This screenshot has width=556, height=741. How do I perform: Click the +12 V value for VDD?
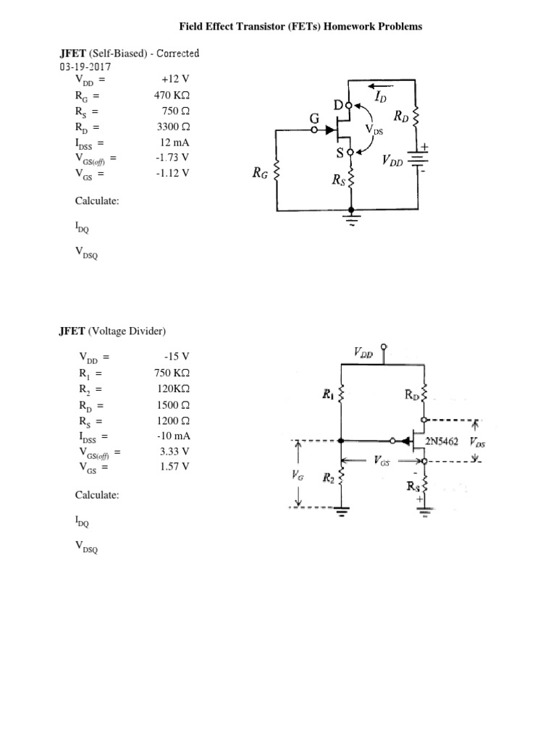[x=175, y=79]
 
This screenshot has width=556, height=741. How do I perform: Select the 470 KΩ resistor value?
[x=172, y=95]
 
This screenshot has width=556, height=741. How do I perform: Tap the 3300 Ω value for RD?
[x=173, y=127]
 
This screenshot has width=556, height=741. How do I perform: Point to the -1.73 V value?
[x=172, y=157]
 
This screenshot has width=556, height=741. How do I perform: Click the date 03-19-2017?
[x=85, y=67]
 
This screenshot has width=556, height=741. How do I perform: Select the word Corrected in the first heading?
[x=178, y=54]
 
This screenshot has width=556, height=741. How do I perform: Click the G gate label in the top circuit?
[x=314, y=118]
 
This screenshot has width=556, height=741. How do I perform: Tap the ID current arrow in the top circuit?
[x=381, y=86]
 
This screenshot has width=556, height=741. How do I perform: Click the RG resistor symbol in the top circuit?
[x=277, y=174]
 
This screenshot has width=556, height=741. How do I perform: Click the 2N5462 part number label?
[x=442, y=442]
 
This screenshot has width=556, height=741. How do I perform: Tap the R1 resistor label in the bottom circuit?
[x=328, y=394]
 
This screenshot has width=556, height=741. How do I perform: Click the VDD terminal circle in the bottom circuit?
[x=384, y=347]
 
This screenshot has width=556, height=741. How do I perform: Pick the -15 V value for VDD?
[x=177, y=356]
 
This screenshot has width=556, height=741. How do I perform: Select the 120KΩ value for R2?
[x=174, y=389]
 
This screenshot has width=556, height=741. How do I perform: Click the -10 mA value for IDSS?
[x=174, y=436]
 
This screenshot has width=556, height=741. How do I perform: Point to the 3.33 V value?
[x=174, y=452]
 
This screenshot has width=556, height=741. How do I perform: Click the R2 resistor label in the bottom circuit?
[x=329, y=478]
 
